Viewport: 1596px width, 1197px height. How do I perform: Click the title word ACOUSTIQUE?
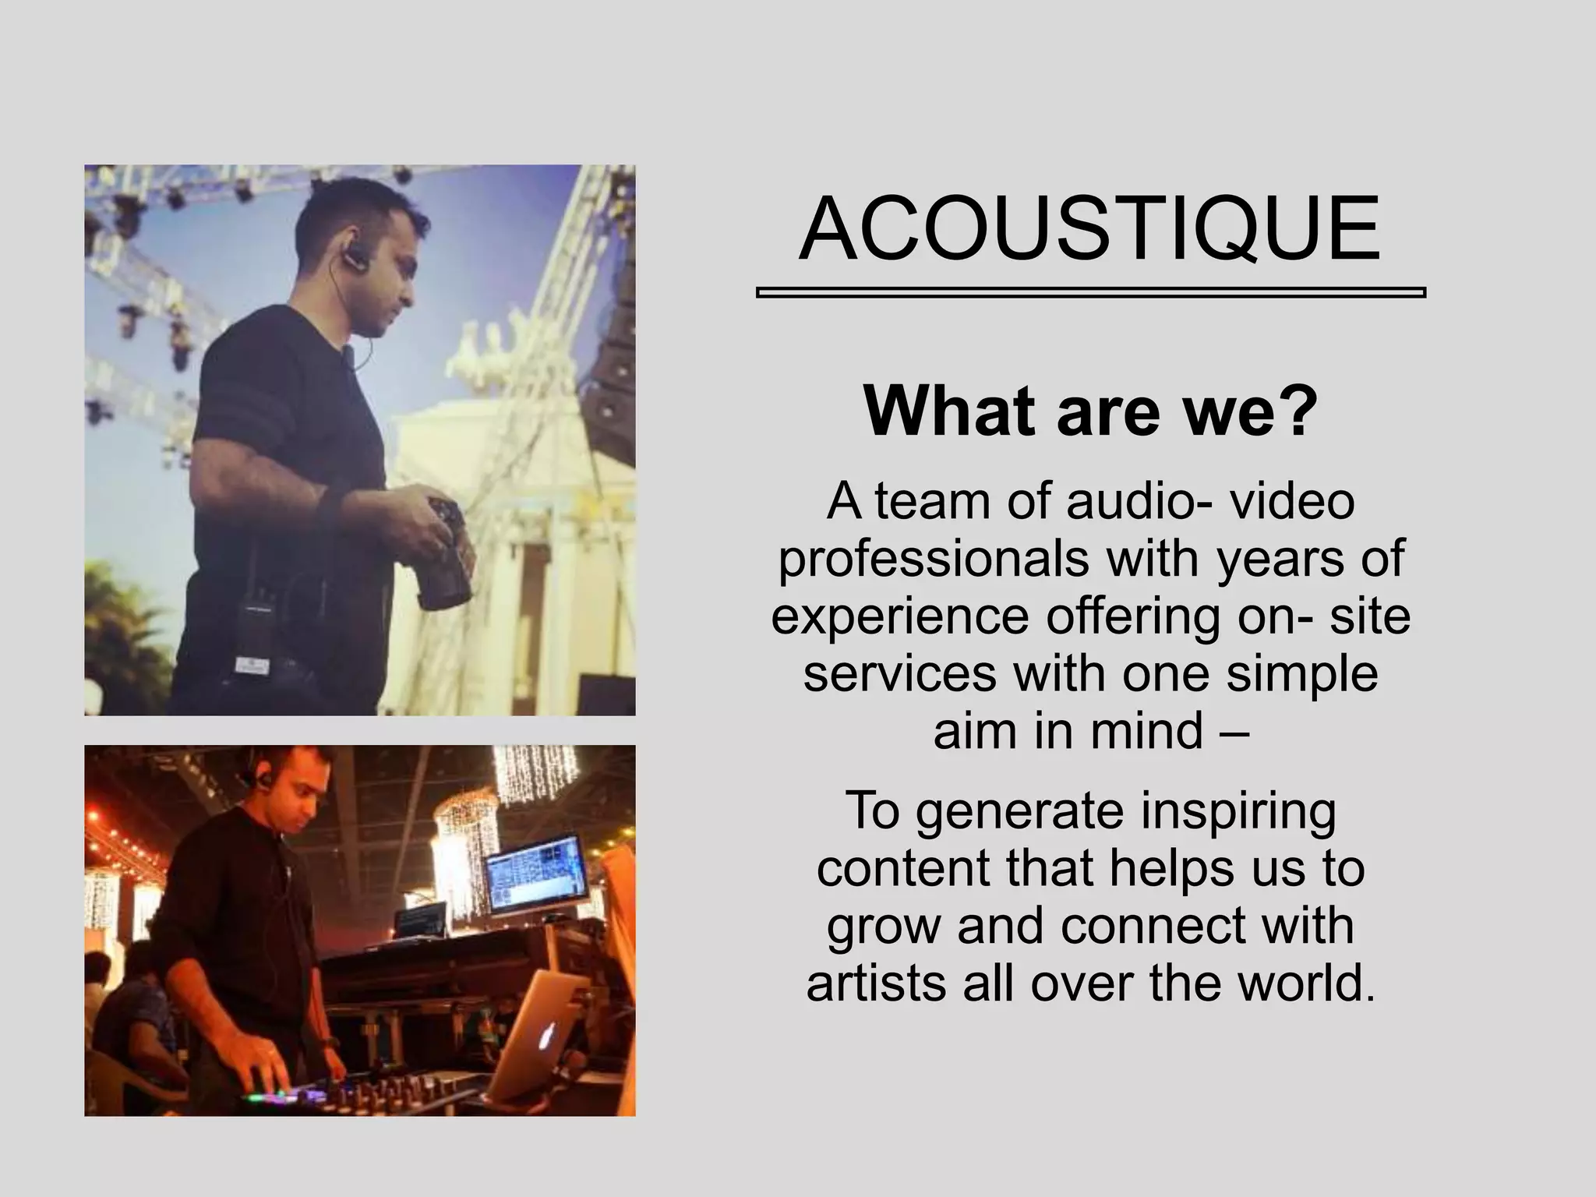[1089, 230]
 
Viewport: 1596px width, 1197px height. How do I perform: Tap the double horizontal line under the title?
[1090, 293]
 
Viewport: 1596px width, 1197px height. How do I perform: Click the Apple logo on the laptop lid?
[549, 1034]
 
